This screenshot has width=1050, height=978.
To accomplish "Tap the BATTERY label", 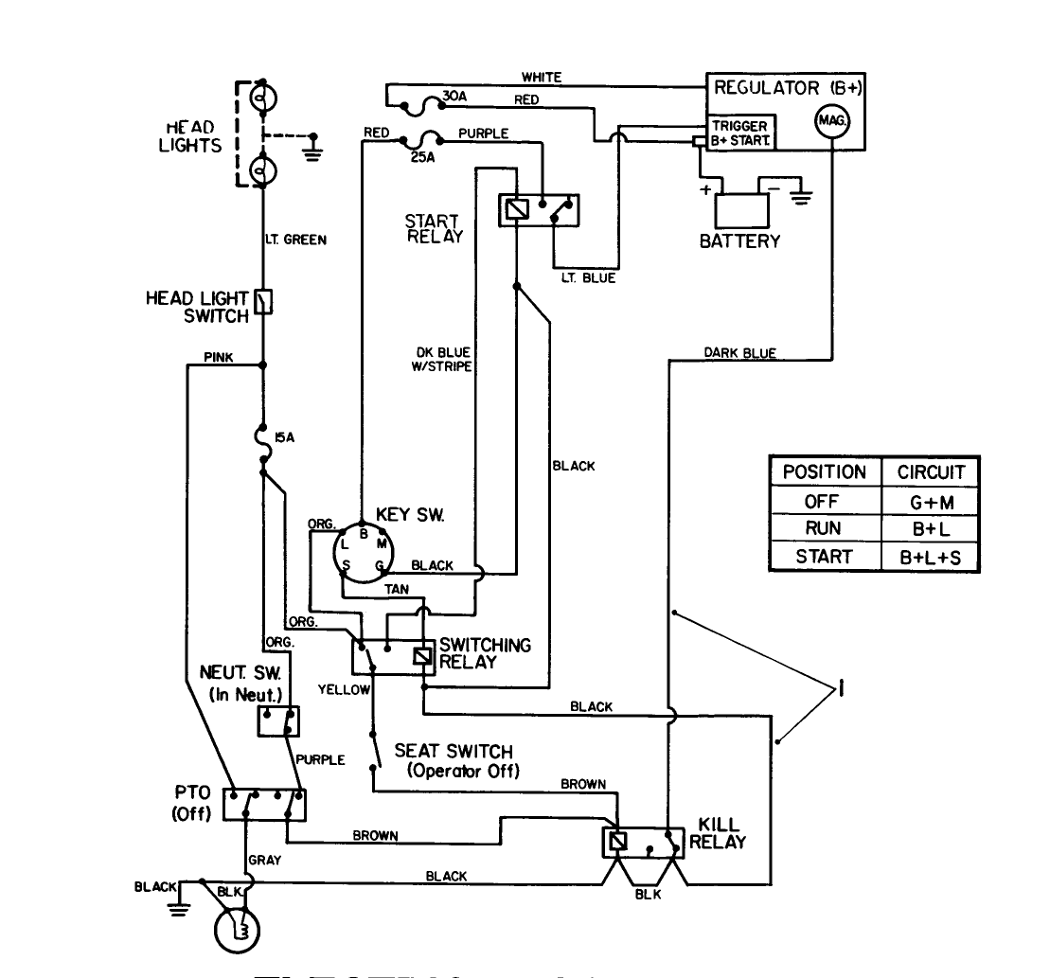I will pyautogui.click(x=739, y=241).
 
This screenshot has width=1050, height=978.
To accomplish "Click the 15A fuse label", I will pyautogui.click(x=283, y=438).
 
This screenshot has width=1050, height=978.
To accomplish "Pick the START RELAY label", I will pyautogui.click(x=434, y=229).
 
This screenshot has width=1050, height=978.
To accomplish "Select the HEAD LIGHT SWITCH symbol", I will pyautogui.click(x=265, y=301).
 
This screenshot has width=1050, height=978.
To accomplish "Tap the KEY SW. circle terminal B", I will pyautogui.click(x=362, y=533).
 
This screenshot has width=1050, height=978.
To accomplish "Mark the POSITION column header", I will pyautogui.click(x=824, y=471).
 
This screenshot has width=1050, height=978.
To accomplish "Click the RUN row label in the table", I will pyautogui.click(x=824, y=529).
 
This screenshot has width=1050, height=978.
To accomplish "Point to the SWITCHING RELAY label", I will pyautogui.click(x=485, y=653).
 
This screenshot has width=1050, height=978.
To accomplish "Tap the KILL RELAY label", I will pyautogui.click(x=717, y=834).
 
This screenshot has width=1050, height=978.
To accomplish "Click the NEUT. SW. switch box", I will pyautogui.click(x=277, y=721).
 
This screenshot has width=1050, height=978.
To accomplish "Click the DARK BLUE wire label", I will pyautogui.click(x=739, y=353).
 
